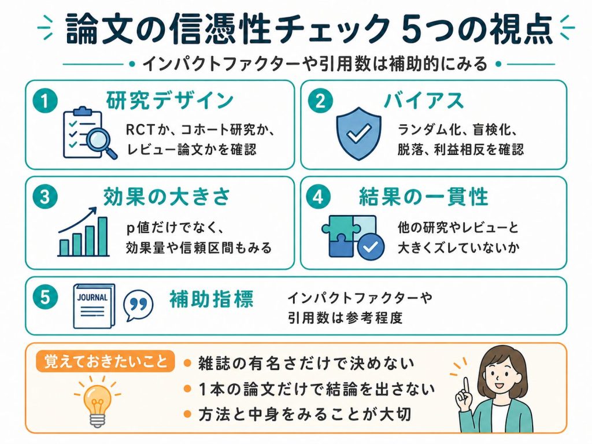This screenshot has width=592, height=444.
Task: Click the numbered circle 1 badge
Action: click(45, 101)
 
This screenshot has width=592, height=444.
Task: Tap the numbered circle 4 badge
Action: click(319, 197)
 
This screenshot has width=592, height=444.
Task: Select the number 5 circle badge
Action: click(45, 297)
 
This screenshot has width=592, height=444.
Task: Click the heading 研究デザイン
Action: click(169, 101)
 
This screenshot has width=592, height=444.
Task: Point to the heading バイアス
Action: click(424, 101)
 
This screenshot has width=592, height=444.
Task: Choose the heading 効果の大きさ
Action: click(166, 197)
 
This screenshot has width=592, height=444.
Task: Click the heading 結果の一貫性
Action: click(423, 197)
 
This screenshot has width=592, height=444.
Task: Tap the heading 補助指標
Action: click(211, 299)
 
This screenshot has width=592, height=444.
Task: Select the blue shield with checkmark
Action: click(358, 134)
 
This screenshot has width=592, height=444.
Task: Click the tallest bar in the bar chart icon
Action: click(103, 236)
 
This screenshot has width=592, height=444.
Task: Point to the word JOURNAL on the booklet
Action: click(92, 298)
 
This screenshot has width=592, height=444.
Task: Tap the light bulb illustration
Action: click(97, 403)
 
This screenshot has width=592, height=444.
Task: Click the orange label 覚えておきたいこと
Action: click(105, 361)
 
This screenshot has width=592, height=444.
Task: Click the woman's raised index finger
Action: click(467, 385)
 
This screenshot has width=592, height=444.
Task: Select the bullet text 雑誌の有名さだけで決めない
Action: click(306, 363)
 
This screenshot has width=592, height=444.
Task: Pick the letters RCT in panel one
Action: click(140, 130)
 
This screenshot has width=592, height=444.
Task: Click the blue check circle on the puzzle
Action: click(371, 247)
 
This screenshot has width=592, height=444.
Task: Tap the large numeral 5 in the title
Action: click(411, 29)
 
